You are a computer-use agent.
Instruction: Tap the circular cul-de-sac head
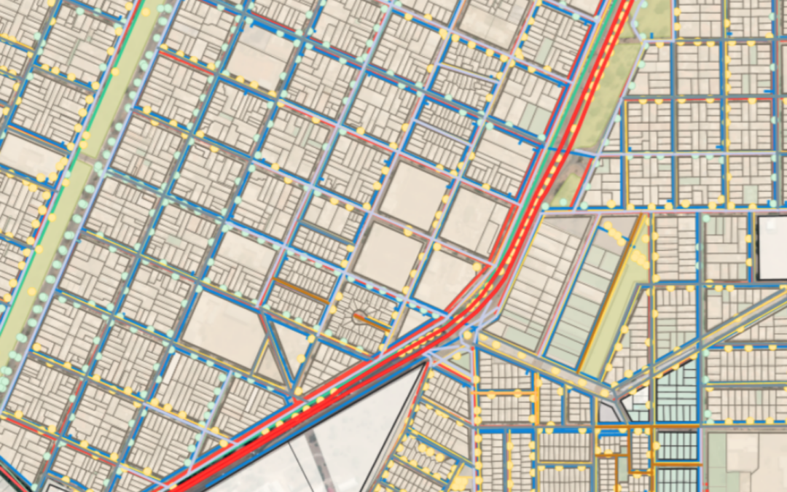point(358,317)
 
